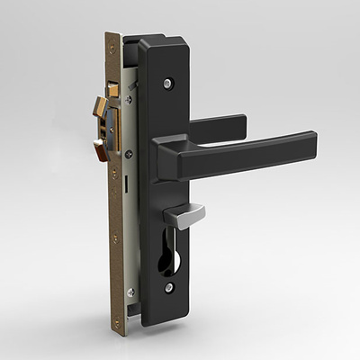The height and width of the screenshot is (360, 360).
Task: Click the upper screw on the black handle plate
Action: (167, 84)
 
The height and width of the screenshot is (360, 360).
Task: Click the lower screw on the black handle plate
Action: (169, 288)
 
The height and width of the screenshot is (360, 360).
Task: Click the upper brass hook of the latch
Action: (99, 110)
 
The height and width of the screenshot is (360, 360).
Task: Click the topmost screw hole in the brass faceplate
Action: (112, 47)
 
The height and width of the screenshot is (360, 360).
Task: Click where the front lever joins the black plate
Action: (166, 157)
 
